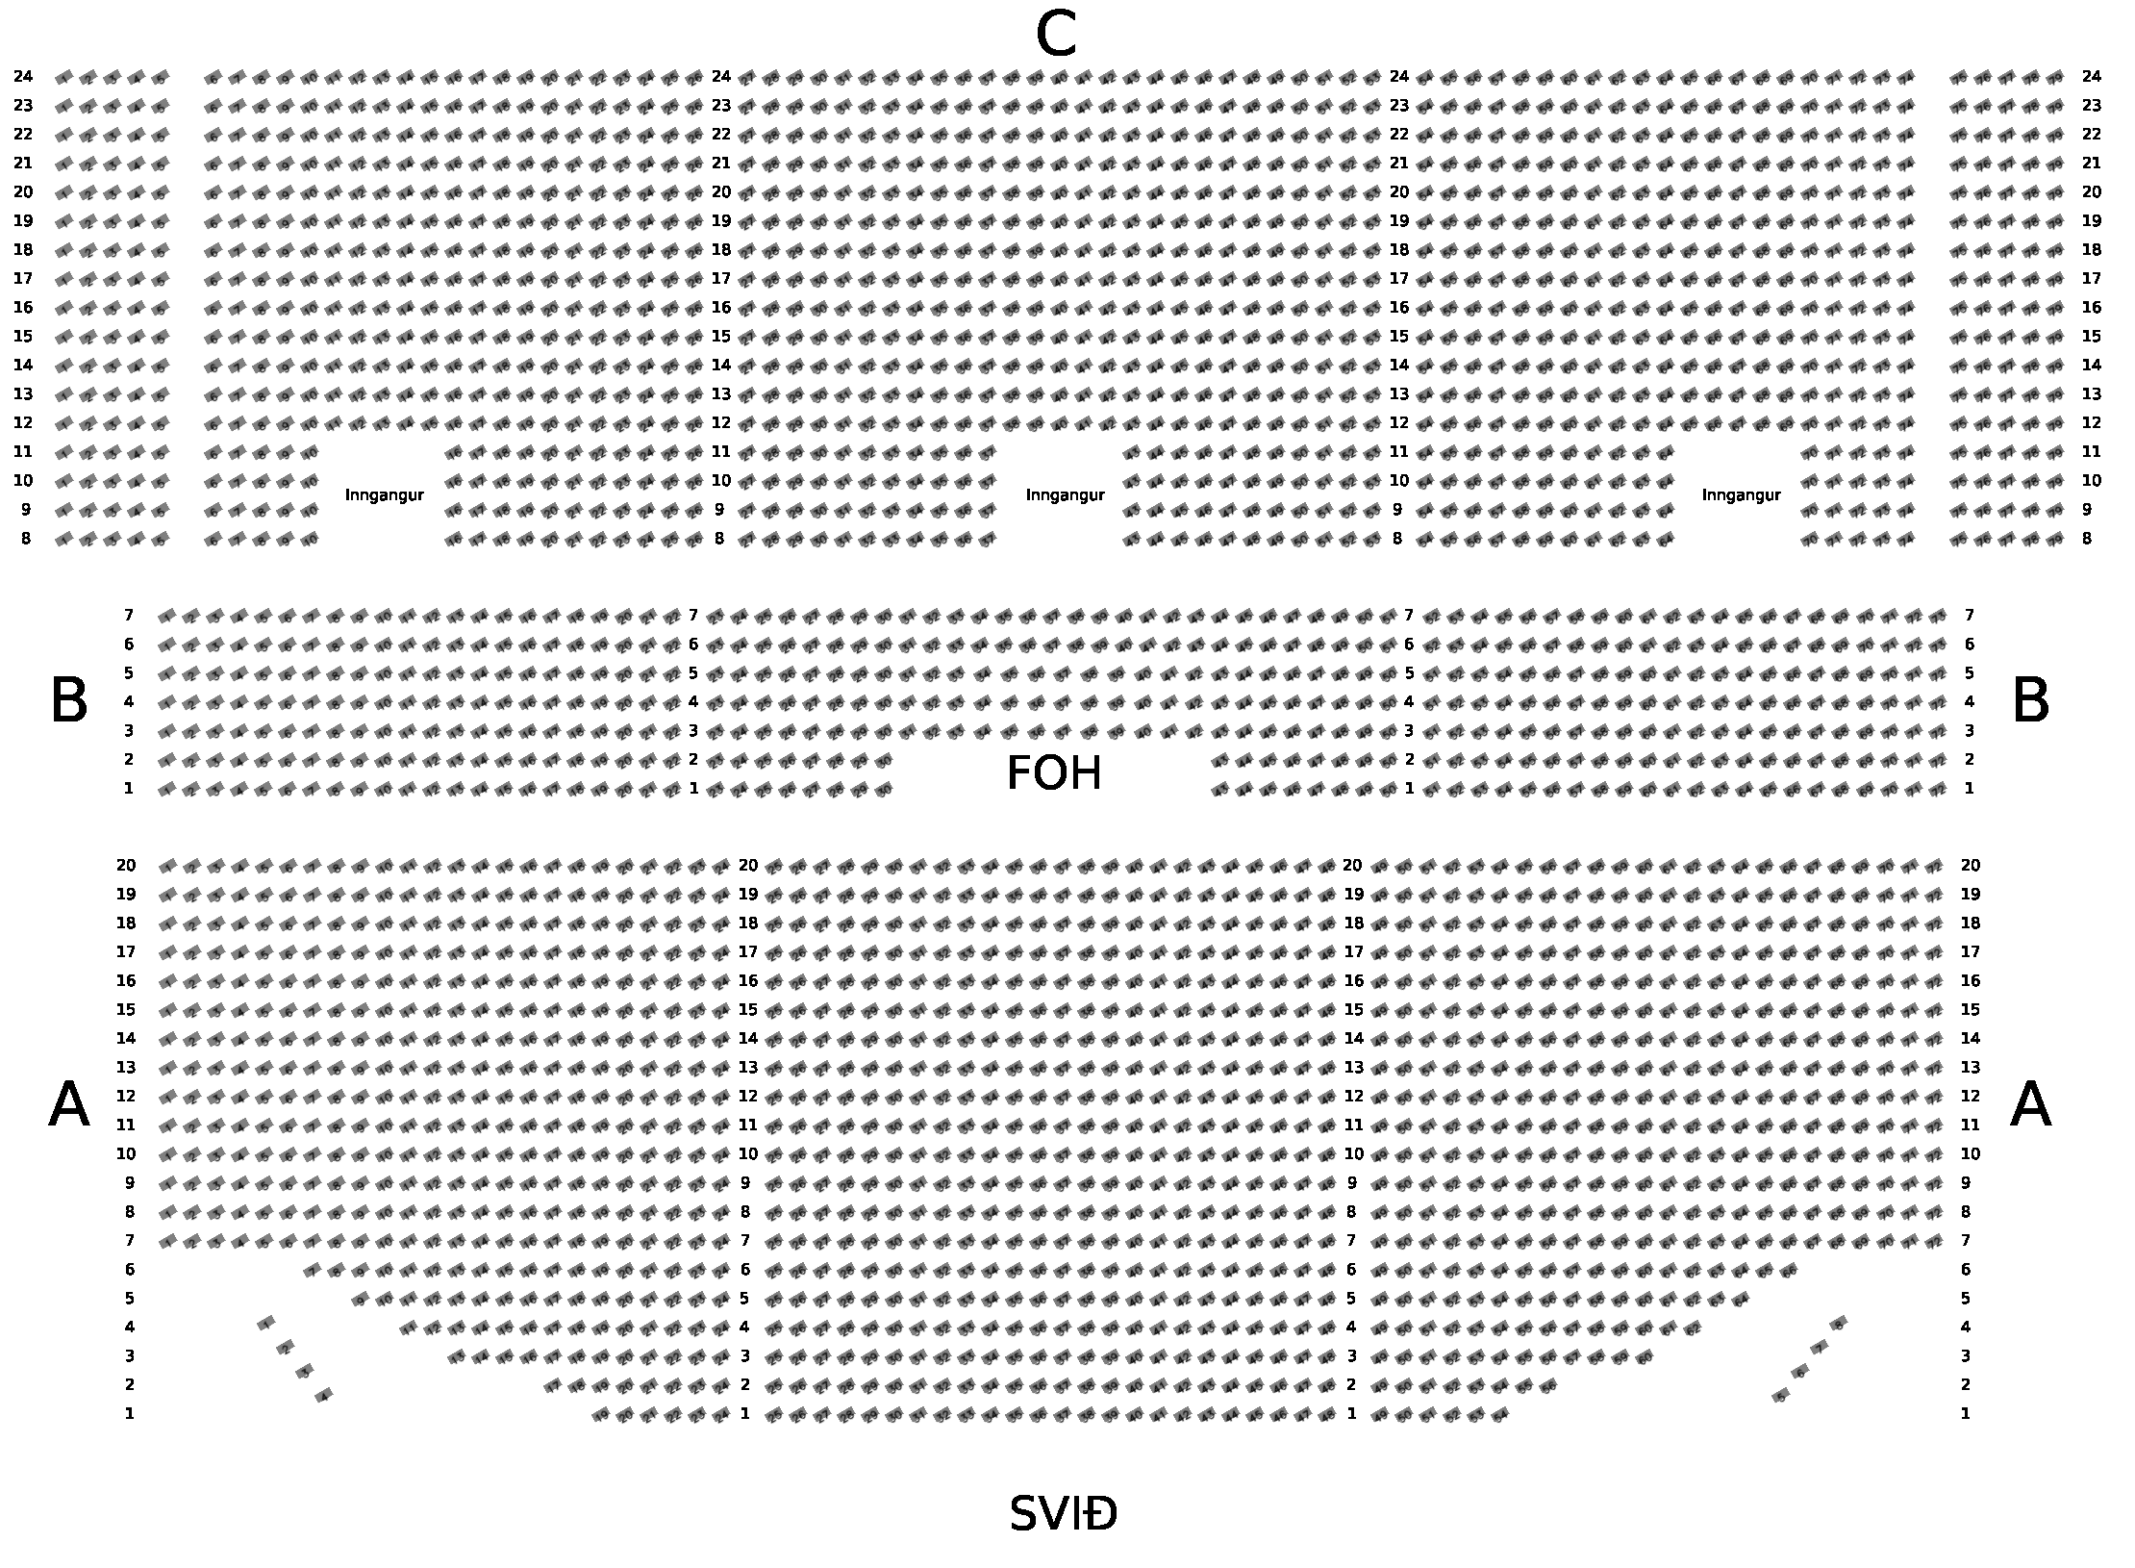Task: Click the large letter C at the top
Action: [1055, 37]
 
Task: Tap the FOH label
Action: [1053, 773]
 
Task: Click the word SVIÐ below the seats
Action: [1063, 1514]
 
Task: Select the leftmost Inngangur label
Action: [384, 495]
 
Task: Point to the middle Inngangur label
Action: [1065, 495]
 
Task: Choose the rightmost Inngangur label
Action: [1741, 495]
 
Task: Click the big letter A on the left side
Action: [68, 1105]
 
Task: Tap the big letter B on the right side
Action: [2030, 701]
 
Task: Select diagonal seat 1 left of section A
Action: [266, 1323]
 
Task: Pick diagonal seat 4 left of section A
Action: [324, 1395]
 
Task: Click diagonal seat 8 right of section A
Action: [1839, 1324]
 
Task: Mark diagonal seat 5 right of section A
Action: [1780, 1396]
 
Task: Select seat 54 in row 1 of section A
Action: [1501, 1415]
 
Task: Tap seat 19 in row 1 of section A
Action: [601, 1415]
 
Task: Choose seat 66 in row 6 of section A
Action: [1788, 1271]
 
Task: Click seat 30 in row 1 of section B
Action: [884, 790]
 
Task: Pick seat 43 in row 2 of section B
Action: [1220, 761]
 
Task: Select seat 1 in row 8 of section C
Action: [63, 540]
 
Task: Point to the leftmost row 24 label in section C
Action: [23, 76]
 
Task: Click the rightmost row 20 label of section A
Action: [1970, 865]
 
